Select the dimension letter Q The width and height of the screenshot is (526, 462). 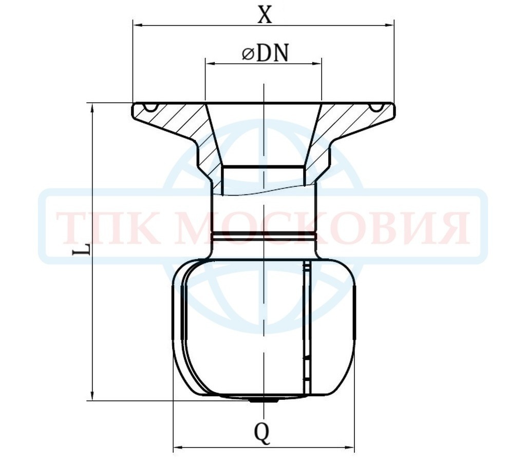tap(262, 433)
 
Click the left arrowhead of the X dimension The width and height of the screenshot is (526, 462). tap(139, 25)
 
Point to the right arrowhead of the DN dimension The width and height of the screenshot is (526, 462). tap(316, 63)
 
